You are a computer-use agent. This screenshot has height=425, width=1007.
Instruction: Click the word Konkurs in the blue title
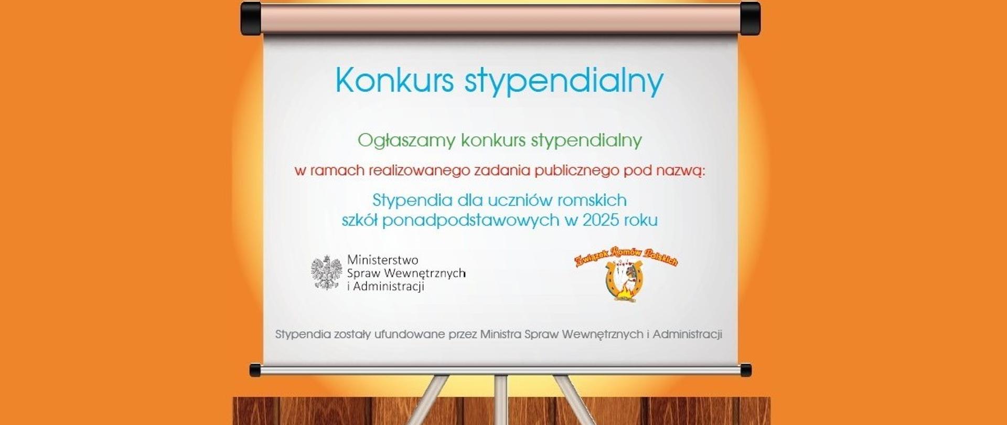coord(394,81)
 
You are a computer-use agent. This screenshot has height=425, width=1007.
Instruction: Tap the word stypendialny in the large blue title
coord(564,83)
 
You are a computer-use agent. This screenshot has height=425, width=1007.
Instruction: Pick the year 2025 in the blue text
coord(599,220)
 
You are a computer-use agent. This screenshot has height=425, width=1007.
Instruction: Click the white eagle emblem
coord(327,272)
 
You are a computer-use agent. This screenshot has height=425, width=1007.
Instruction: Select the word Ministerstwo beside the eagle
coord(383,260)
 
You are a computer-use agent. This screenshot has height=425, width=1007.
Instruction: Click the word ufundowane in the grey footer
coord(410,334)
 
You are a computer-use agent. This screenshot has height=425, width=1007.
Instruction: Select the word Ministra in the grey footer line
coord(500,334)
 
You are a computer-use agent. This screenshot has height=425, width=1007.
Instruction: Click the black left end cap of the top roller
coord(251,18)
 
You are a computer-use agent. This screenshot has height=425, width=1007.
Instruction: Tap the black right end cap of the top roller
coord(750,18)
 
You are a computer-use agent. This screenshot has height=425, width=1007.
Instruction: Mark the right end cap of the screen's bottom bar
coord(745,370)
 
